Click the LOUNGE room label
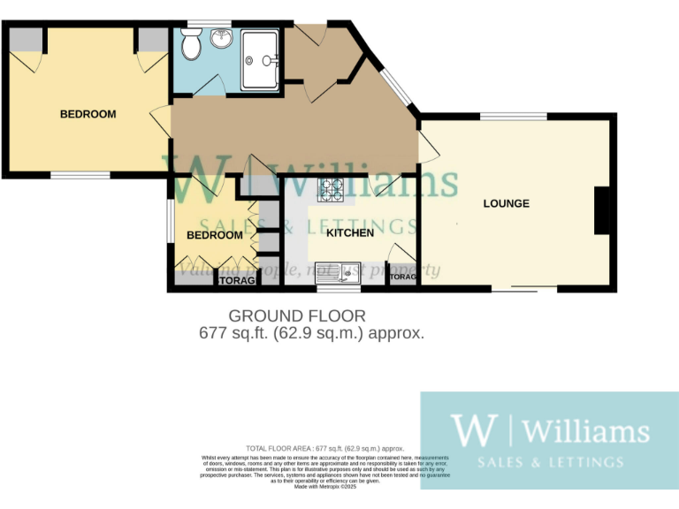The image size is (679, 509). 506,204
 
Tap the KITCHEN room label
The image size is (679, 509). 350,233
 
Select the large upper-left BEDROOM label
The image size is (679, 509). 88,114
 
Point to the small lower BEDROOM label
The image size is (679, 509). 214,235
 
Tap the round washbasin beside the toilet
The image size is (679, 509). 221,38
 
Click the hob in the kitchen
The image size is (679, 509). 332,187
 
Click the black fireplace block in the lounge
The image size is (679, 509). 604,210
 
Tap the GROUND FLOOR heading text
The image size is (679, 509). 297,315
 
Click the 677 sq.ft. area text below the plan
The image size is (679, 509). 312,333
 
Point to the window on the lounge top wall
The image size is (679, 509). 513,116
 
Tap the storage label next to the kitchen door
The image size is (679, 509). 402,277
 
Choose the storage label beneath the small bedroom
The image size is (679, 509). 237,281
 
